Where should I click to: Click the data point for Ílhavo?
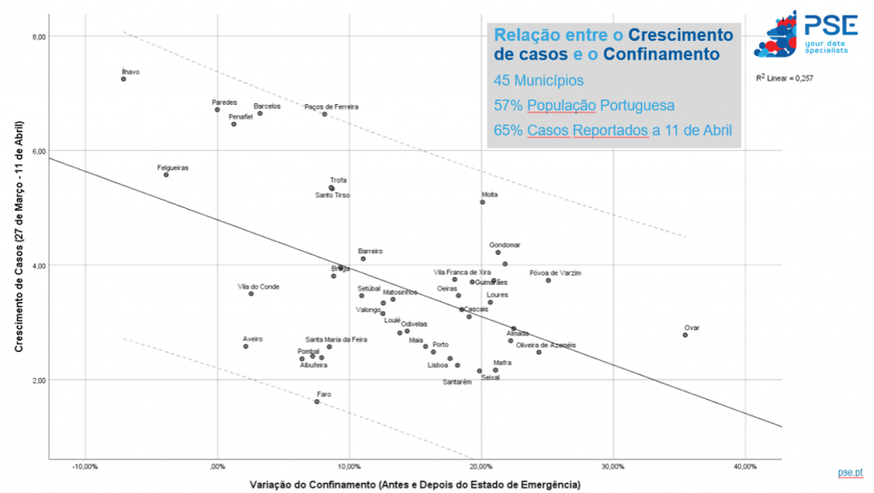point(124,79)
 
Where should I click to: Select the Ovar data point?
point(685,335)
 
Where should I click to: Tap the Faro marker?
point(317,402)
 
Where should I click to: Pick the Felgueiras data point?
point(166,175)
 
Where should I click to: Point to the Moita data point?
point(482,202)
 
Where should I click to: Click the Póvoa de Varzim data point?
point(548,281)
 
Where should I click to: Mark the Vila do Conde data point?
point(251,293)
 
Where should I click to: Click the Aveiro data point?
point(246,346)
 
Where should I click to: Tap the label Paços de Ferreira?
point(331,107)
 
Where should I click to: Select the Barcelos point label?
point(267,107)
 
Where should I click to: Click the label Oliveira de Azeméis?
point(546,345)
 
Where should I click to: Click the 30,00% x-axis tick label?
point(613,467)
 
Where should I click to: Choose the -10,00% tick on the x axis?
point(84,467)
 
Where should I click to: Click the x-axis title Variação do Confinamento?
point(415,484)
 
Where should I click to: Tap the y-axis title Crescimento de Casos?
point(18,236)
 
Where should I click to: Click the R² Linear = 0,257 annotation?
point(785,78)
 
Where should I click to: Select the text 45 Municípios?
point(539,81)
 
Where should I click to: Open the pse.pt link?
point(850,472)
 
